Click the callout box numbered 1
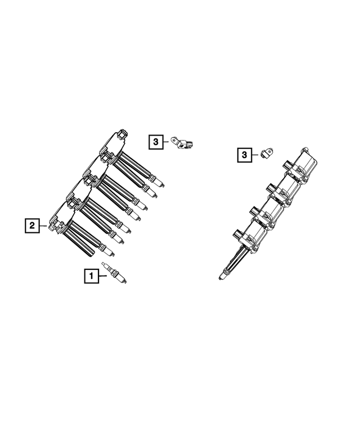pyautogui.click(x=90, y=276)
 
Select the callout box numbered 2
pyautogui.click(x=32, y=226)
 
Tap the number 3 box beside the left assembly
pyautogui.click(x=156, y=142)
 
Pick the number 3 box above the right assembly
pyautogui.click(x=244, y=154)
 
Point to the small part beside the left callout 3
pyautogui.click(x=184, y=143)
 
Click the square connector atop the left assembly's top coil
pyautogui.click(x=123, y=134)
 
